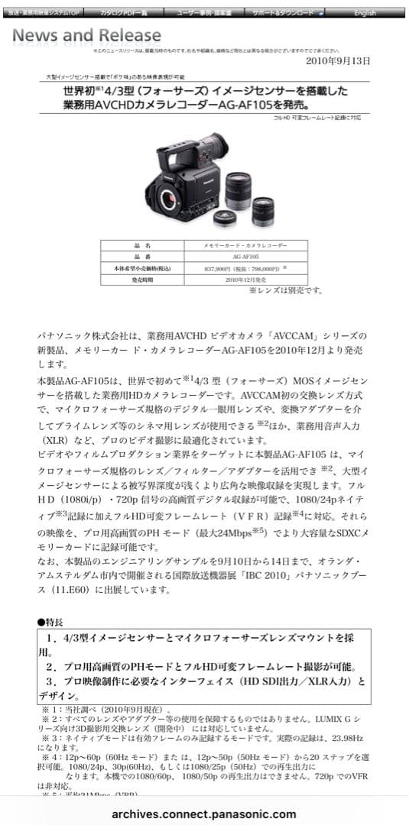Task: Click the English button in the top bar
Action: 365,13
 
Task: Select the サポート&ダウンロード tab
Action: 285,13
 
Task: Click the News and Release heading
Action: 86,36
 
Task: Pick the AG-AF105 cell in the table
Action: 246,257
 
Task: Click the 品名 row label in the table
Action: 141,246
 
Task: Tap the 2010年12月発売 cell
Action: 246,280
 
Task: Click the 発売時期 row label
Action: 141,280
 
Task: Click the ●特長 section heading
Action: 53,623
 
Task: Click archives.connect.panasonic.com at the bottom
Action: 204,814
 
